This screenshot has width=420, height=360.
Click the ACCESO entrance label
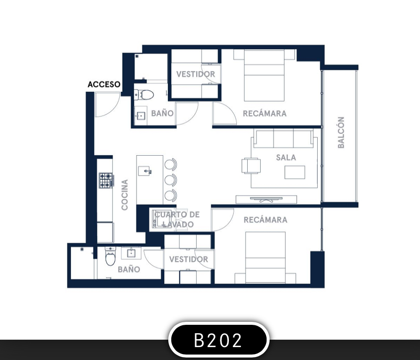click(104, 84)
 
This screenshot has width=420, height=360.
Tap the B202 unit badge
click(218, 340)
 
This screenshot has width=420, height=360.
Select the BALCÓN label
click(341, 132)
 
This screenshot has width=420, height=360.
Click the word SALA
click(286, 158)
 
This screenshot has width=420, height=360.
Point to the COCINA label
click(125, 195)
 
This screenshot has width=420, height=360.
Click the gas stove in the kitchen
click(106, 180)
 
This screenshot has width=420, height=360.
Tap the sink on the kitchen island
click(144, 171)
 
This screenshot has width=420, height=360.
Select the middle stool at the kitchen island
click(170, 180)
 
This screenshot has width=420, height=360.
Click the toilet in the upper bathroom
click(144, 95)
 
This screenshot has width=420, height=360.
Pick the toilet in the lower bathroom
click(110, 256)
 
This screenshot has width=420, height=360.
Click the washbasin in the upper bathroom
click(140, 116)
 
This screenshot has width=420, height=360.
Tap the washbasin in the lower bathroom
click(131, 253)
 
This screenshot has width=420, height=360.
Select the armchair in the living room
click(251, 166)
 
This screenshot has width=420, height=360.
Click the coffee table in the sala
click(294, 172)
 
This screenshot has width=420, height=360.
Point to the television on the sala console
click(266, 199)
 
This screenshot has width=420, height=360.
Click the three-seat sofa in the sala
click(283, 139)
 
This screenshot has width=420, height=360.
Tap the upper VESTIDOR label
click(196, 74)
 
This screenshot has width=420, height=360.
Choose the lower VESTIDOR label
click(189, 259)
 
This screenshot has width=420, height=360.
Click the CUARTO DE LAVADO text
click(177, 219)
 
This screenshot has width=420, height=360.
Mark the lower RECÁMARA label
click(266, 220)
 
